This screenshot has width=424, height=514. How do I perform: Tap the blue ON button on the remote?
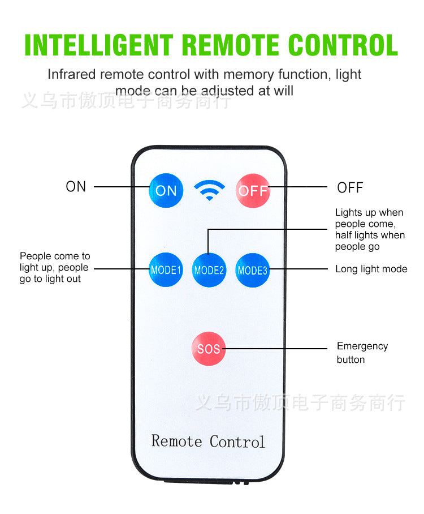coord(166,190)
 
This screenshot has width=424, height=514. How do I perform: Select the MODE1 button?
coord(166,270)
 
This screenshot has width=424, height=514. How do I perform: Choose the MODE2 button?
coord(209,270)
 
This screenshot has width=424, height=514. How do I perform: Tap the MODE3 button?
coord(252,270)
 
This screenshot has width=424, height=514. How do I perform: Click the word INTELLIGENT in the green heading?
coord(99,45)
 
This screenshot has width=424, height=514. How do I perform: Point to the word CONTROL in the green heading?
coord(343,45)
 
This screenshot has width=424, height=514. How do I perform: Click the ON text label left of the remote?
coord(76,187)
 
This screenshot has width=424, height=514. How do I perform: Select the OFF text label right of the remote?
coord(350,187)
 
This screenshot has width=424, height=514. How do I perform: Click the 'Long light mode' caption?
coord(371,269)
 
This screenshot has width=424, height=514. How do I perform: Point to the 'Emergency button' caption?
coord(362,353)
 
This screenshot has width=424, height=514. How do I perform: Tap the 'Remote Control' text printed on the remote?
coord(208,441)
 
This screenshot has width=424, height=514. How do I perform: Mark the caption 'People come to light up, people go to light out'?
coord(54,267)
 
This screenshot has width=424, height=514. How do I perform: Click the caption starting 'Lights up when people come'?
coord(369,229)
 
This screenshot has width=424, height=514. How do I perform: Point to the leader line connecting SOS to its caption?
coord(277,348)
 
